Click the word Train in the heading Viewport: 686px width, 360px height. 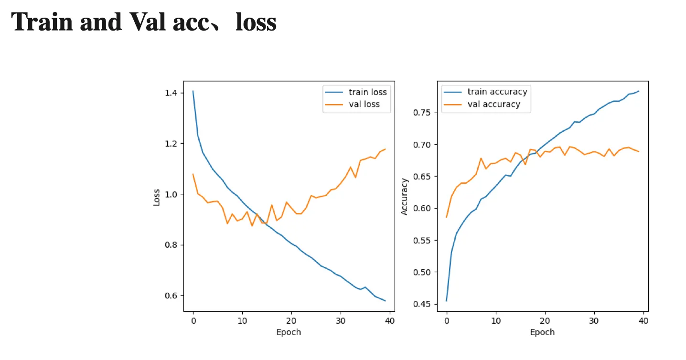tap(42, 22)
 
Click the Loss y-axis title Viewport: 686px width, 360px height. tap(157, 197)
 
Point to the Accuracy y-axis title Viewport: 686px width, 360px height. tap(405, 197)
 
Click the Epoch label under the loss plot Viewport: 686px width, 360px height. tap(289, 332)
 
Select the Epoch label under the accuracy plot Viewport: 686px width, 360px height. tap(542, 332)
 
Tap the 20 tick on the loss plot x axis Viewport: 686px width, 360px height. tap(291, 320)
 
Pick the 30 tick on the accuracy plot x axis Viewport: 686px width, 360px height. tap(594, 320)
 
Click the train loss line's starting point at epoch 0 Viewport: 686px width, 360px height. tap(193, 91)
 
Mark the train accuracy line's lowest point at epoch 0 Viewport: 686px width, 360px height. tap(447, 301)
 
